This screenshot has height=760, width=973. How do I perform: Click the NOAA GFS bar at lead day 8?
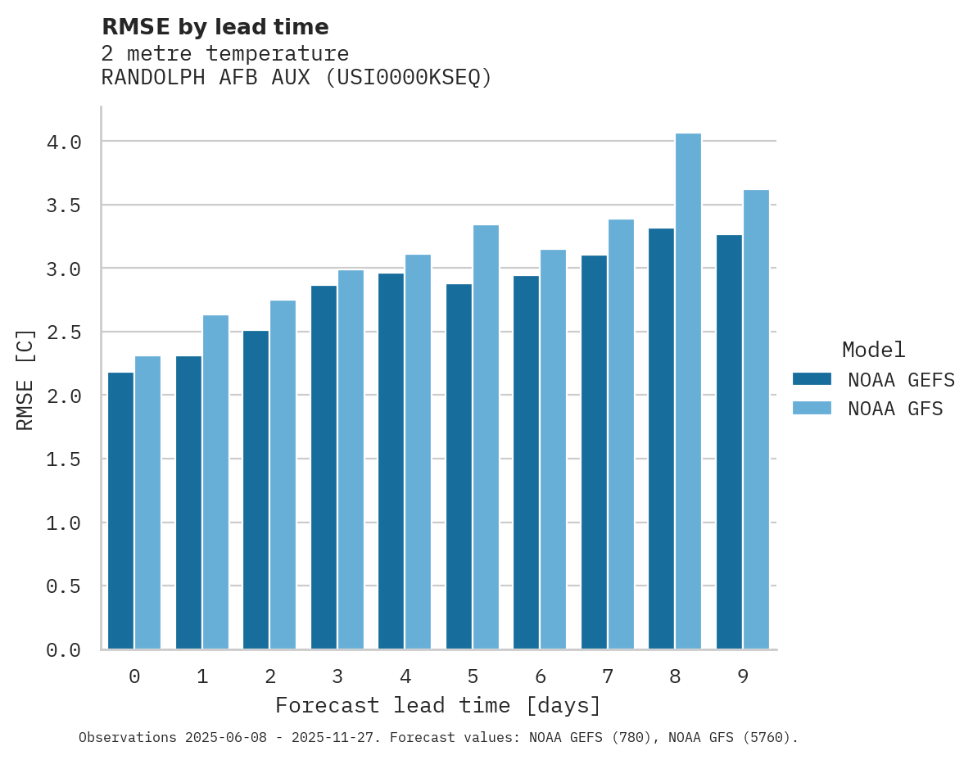688,391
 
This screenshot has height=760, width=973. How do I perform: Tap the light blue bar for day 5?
486,437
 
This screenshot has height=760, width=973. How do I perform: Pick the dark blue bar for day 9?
729,442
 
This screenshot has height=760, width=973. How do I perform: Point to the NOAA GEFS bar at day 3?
324,468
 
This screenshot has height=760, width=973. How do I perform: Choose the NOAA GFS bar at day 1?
215,482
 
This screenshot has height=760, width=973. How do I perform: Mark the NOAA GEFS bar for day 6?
526,463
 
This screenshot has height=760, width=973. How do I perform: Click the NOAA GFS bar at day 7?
621,434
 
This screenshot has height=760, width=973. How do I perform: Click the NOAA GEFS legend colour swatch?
812,379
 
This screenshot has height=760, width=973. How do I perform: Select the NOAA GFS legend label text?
895,409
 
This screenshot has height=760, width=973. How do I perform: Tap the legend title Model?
874,350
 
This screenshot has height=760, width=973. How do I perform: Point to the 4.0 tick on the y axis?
64,142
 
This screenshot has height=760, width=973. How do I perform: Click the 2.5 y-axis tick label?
64,332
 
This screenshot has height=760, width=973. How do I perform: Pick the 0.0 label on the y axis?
64,650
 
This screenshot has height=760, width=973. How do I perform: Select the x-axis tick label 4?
405,676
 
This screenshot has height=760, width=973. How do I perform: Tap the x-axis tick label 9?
743,676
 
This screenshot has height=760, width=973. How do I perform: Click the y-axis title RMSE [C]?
25,379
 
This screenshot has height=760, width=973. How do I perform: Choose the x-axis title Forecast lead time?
438,705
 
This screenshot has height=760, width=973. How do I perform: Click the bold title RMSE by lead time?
215,27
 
